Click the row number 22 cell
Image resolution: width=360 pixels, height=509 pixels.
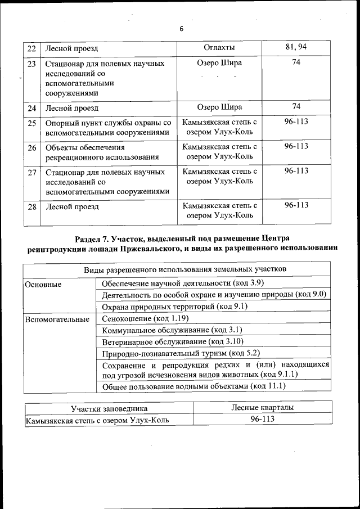(x=32, y=48)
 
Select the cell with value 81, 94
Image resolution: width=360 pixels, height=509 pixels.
(x=296, y=47)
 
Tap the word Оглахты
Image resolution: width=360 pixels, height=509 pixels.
(x=220, y=48)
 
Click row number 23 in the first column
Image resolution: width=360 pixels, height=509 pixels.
(x=32, y=64)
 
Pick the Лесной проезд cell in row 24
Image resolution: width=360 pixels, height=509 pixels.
(x=71, y=107)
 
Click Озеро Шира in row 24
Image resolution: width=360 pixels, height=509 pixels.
(x=220, y=107)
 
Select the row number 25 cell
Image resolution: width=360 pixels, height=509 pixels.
(x=32, y=123)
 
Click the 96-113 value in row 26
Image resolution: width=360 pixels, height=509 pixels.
(x=296, y=146)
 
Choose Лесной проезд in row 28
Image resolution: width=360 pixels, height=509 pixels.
(x=71, y=206)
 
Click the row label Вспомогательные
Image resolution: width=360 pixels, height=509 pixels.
(x=56, y=319)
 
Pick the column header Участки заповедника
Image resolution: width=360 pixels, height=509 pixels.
(x=109, y=409)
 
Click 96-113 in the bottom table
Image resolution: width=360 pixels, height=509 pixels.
(x=262, y=420)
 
